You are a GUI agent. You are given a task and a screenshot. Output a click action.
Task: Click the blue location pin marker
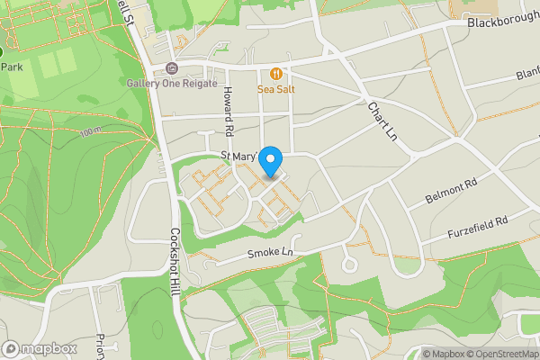271,161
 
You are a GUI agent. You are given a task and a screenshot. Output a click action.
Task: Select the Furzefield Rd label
478,226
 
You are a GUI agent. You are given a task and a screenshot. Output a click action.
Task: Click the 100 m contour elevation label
91,132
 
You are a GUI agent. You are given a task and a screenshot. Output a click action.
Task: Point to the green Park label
12,67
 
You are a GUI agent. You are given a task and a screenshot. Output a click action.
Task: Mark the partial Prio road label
97,346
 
